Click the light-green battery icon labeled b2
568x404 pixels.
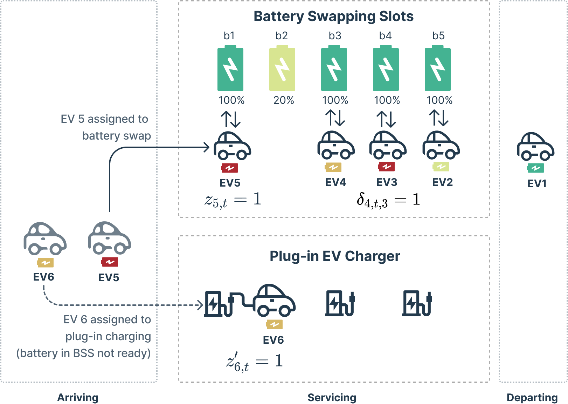point(282,69)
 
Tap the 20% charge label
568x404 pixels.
point(283,100)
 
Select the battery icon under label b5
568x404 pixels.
point(437,69)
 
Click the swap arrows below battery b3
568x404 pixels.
point(335,118)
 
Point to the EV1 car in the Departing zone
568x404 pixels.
point(535,147)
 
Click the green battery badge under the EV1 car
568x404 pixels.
point(535,168)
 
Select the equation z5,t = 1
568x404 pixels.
point(233,200)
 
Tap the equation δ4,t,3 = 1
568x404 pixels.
point(388,200)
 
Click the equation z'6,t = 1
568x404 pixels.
point(254,362)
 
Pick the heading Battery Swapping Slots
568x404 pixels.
point(333,16)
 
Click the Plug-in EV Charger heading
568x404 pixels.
point(334,256)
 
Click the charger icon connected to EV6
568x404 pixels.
point(219,304)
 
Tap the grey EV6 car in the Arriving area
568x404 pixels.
point(45,239)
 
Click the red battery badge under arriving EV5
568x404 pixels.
point(110,262)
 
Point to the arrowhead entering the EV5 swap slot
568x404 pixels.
point(207,147)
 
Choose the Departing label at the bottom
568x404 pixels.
point(532,397)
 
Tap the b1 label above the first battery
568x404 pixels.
point(229,36)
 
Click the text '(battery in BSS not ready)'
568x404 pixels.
point(83,353)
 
